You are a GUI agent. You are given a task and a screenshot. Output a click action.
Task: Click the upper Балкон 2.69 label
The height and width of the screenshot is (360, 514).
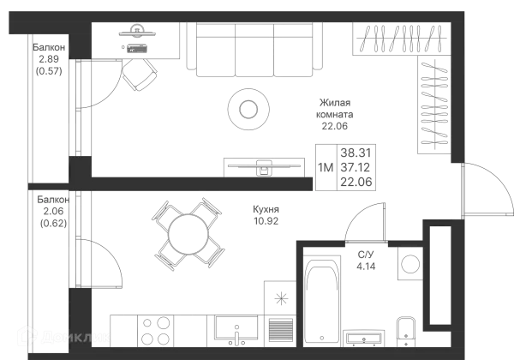point(49,57)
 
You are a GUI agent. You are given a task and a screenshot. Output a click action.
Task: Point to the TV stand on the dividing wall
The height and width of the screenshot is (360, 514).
point(264,168)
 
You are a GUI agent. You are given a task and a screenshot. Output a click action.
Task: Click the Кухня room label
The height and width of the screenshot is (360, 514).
point(265,213)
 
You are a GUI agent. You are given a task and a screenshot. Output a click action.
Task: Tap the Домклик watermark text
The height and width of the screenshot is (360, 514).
point(73,337)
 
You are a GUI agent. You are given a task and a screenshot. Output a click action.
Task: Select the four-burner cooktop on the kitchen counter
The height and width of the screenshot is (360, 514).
point(154,329)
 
